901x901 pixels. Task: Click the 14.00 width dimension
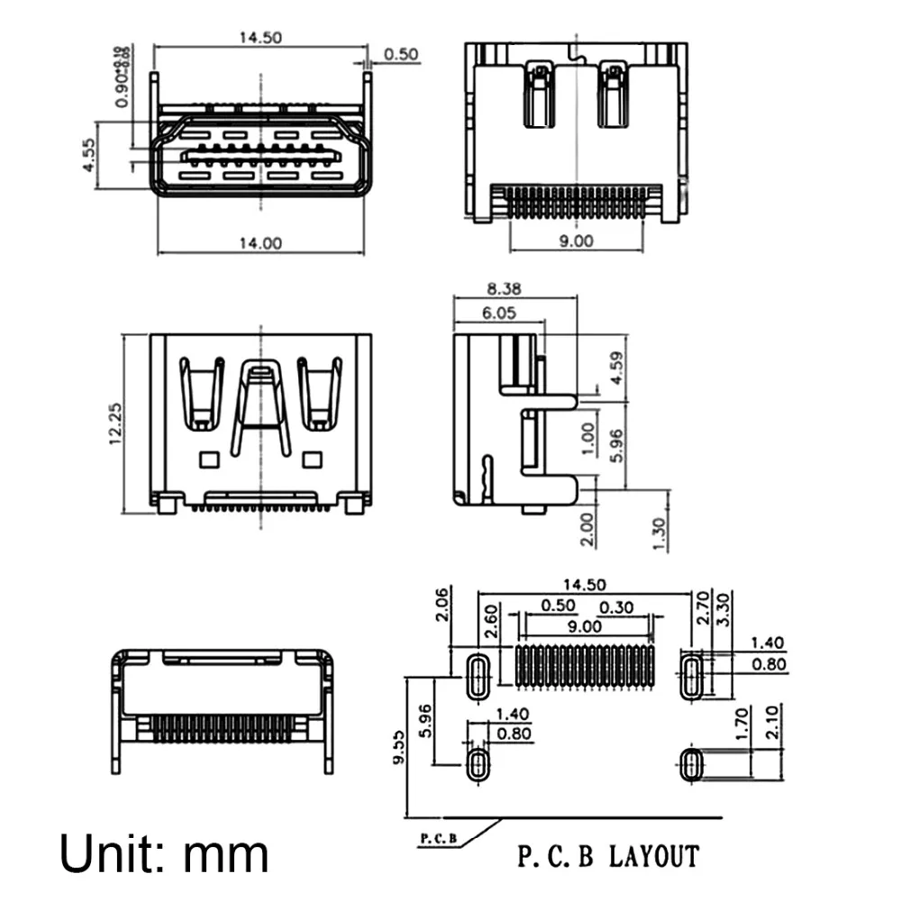pos(259,243)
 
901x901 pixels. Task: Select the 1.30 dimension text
pos(661,534)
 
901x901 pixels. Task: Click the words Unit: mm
pos(164,852)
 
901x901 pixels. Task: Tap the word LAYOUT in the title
pos(654,854)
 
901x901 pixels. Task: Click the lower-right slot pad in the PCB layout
pos(692,767)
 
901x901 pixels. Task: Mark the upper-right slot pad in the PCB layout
pos(692,676)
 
